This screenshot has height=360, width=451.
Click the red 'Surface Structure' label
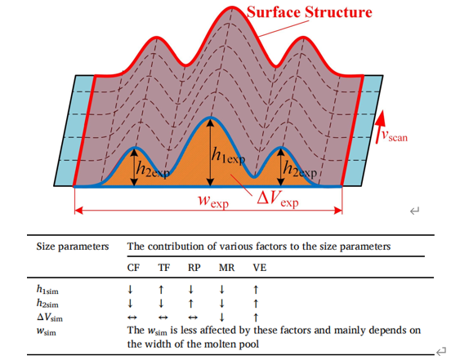310,12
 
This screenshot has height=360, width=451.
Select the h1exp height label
228,156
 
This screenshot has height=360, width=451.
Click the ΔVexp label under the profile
278,199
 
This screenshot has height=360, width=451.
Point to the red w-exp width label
213,200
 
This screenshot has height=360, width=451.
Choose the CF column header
133,268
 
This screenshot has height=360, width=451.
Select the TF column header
164,268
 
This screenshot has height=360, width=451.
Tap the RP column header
194,268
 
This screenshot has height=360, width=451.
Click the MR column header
226,268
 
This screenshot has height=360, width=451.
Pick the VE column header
260,268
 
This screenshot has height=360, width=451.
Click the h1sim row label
47,290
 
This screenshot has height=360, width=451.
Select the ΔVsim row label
50,318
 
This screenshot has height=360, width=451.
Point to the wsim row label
47,331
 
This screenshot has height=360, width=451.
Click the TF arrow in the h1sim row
161,290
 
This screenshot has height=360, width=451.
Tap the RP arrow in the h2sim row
190,304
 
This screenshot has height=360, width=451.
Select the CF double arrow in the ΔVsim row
132,318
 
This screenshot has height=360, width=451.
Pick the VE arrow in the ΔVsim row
256,318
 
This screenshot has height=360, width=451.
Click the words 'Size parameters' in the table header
73,247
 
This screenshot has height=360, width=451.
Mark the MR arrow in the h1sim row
221,290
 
